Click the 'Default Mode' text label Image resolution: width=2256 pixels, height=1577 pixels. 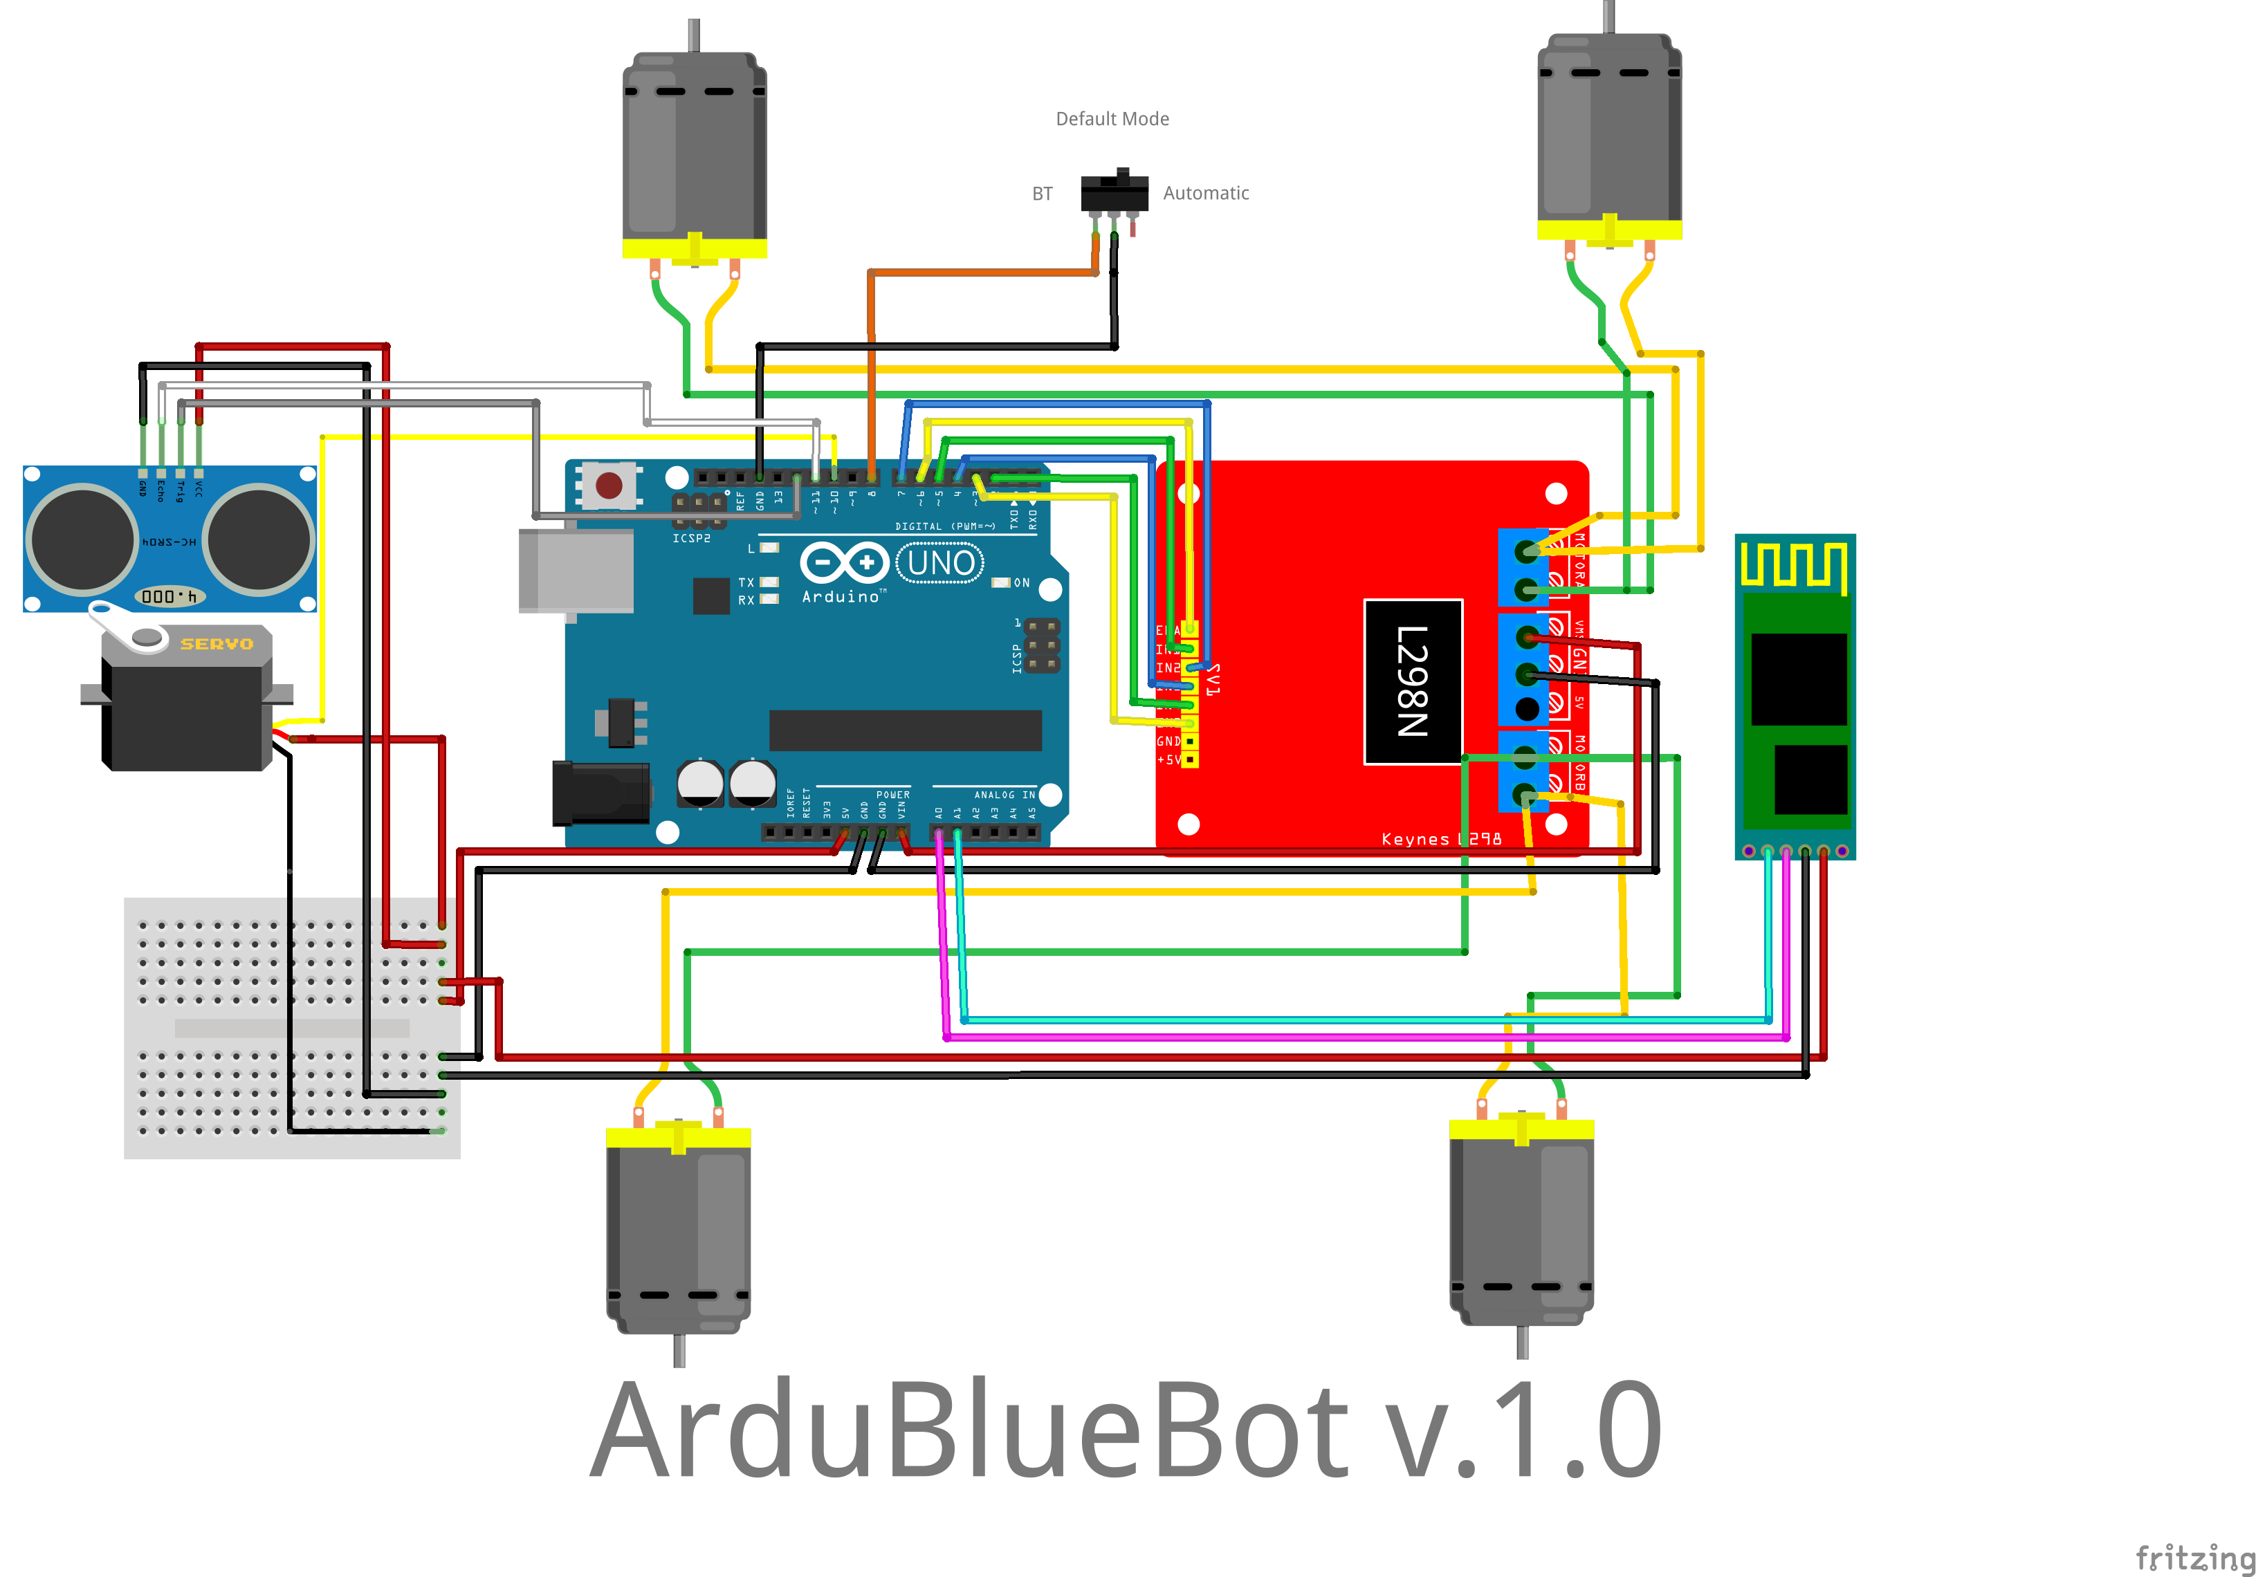tap(1112, 119)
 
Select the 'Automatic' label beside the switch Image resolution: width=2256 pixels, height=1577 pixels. tap(1206, 194)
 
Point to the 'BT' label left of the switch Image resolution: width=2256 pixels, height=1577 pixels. tap(1043, 194)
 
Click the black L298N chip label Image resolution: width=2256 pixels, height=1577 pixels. tap(1413, 681)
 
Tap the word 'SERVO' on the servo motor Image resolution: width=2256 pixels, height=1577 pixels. tap(216, 643)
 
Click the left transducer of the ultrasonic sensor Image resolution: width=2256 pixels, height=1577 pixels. tap(82, 539)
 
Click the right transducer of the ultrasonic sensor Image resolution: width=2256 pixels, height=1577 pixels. tap(259, 539)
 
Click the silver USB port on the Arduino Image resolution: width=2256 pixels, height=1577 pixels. tap(576, 570)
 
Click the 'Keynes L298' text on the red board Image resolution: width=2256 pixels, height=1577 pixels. tap(1440, 839)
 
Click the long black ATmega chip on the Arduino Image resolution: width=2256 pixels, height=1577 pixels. tap(905, 730)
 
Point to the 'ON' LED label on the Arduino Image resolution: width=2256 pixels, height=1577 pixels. tap(1022, 582)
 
